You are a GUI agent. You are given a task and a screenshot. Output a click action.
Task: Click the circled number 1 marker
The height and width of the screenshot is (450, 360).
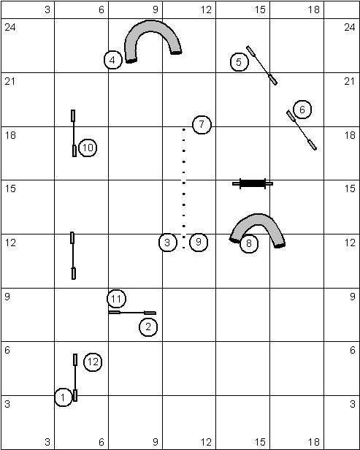[63, 397]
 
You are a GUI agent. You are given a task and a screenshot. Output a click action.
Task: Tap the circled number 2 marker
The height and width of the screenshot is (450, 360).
[148, 327]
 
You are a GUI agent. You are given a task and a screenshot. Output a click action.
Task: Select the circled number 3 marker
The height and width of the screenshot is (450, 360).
[167, 243]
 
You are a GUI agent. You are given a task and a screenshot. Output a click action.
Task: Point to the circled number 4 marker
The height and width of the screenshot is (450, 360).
[112, 60]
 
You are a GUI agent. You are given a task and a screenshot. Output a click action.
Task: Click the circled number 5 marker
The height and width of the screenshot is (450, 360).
[240, 62]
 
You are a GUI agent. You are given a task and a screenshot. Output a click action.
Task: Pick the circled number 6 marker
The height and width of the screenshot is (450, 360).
[302, 110]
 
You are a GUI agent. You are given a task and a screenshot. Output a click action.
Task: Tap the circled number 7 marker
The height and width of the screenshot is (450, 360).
[202, 124]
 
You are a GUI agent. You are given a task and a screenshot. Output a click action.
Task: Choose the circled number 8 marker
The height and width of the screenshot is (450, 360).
[249, 244]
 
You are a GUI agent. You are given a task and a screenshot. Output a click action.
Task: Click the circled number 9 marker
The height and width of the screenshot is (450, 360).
[198, 243]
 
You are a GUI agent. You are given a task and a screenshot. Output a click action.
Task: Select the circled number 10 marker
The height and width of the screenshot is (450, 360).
[88, 148]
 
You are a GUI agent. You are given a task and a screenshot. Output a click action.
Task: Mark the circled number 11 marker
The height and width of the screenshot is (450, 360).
[116, 299]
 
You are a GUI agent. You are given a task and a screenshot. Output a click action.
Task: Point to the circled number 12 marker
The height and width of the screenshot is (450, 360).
[93, 362]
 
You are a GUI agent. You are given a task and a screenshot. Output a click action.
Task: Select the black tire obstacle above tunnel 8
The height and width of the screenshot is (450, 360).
[253, 183]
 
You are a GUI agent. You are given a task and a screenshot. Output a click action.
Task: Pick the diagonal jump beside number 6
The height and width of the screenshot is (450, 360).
[302, 130]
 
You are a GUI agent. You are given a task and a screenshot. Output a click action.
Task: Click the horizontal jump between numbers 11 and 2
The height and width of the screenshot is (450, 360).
[132, 313]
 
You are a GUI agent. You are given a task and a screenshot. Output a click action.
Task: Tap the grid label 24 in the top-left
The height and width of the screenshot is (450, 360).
[10, 27]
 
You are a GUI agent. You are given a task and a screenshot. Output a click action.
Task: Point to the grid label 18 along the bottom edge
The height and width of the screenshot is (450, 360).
[314, 442]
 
